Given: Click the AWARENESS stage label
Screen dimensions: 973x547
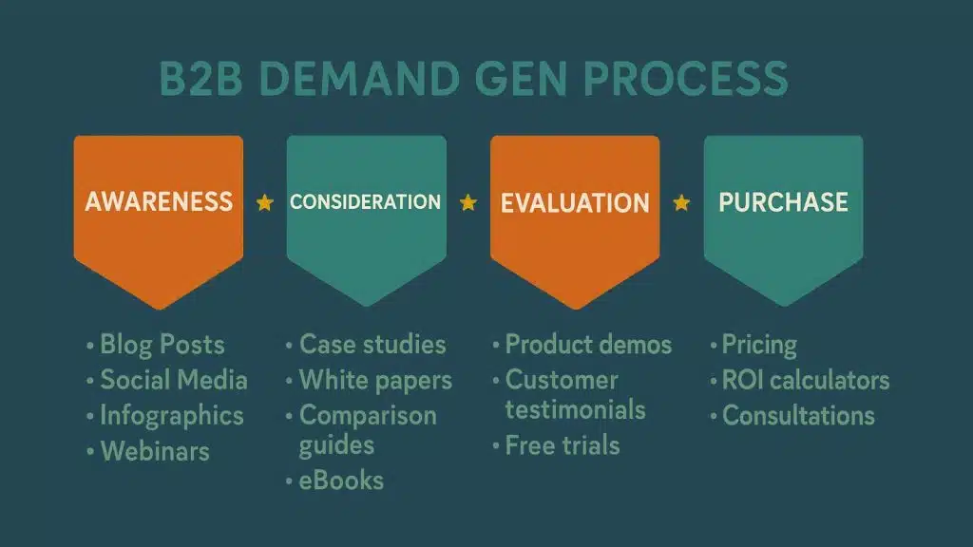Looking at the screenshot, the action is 159,201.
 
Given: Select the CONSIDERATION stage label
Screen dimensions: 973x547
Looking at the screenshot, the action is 366,201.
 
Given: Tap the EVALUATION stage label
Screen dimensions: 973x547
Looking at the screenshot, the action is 575,203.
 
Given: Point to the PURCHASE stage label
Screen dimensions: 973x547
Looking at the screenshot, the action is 783,202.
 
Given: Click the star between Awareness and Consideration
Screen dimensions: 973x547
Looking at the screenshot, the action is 265,202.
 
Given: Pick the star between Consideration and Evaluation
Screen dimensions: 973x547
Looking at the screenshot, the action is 468,202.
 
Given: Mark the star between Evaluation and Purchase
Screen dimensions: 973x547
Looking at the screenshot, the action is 681,202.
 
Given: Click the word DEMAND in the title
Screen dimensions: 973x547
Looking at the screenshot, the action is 359,79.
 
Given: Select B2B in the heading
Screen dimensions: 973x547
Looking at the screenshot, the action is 201,79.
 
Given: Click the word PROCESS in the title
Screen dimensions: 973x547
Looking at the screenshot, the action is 686,79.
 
